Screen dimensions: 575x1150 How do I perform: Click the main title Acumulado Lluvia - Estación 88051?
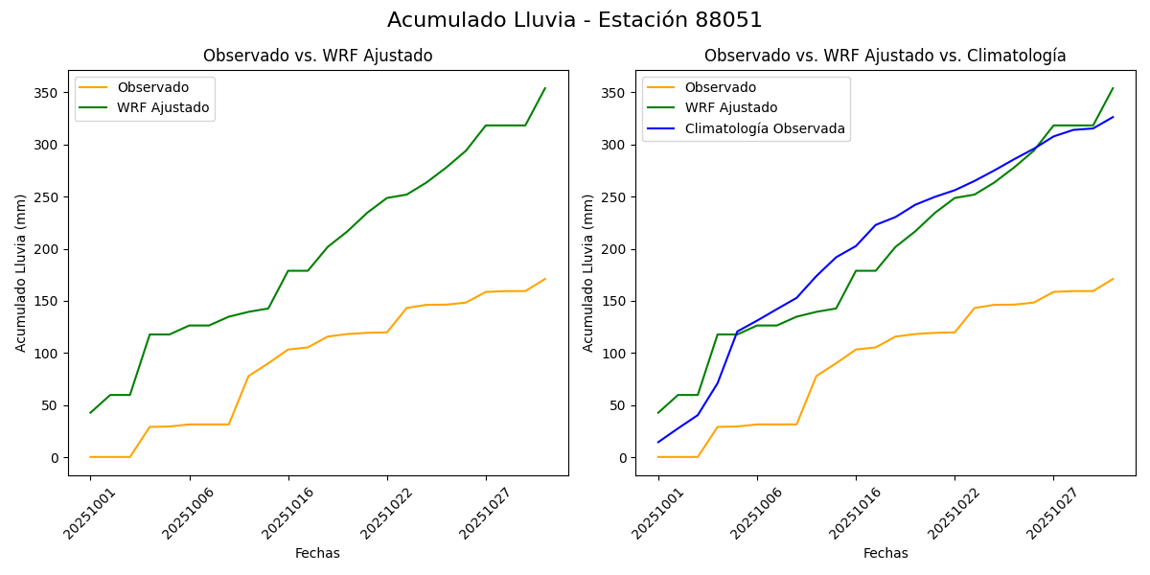[x=575, y=20]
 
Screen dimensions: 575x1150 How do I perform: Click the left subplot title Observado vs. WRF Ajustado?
[x=317, y=56]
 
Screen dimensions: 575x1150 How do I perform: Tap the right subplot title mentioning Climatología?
[x=885, y=56]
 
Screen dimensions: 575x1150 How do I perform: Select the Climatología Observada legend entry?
[x=764, y=128]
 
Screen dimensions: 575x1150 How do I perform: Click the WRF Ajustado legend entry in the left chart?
[x=163, y=107]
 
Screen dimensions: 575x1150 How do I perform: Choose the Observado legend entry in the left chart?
[x=153, y=87]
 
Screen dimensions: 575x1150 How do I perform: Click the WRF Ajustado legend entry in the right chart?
[x=730, y=107]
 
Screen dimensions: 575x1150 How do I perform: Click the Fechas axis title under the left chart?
[x=317, y=553]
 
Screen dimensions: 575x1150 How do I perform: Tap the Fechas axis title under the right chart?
[x=885, y=553]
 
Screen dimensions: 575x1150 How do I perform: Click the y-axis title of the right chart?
[x=588, y=272]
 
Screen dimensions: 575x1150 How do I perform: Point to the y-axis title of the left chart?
[x=21, y=272]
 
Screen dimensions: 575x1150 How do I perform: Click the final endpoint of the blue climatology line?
[x=1113, y=117]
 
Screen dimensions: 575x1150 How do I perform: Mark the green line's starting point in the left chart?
[x=90, y=413]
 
